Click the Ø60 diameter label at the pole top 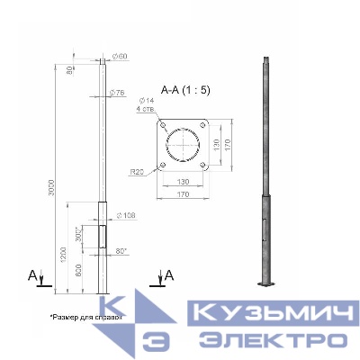tap(123, 58)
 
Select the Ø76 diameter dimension tap(117, 94)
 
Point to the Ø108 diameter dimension tap(126, 216)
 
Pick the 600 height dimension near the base tap(80, 270)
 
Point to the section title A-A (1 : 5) tap(187, 88)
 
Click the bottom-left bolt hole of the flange tap(164, 166)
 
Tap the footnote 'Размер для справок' tap(83, 317)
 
